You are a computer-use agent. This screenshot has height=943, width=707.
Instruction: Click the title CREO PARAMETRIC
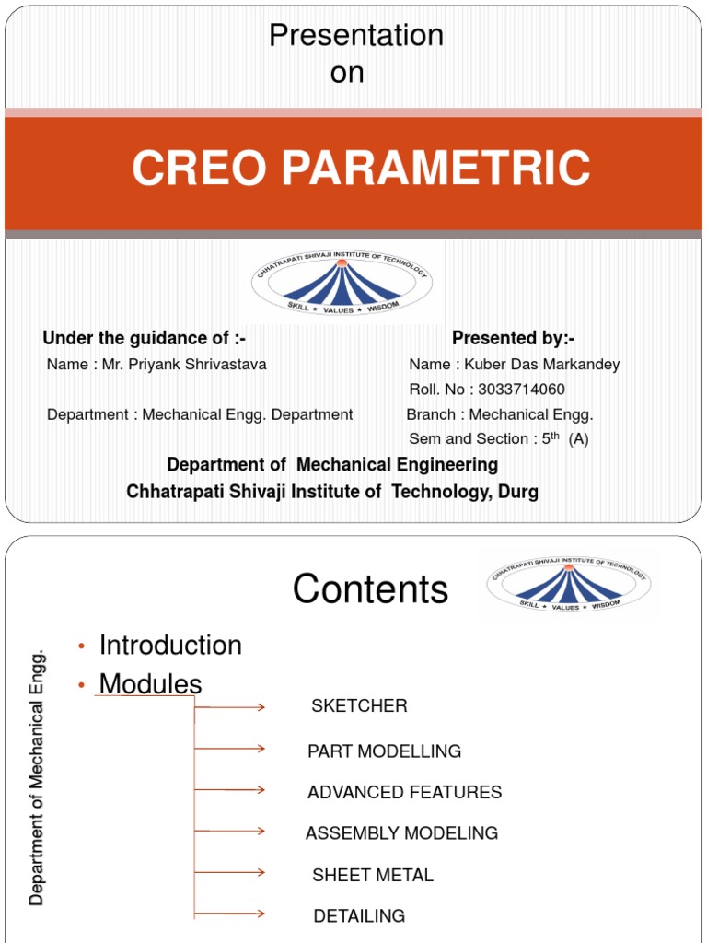point(360,169)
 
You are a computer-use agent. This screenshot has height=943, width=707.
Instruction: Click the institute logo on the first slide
point(342,283)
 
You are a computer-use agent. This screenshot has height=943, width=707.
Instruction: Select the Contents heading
point(370,589)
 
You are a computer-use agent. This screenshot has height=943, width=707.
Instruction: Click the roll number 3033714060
point(487,390)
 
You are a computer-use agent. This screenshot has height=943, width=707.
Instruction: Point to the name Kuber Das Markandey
point(514,365)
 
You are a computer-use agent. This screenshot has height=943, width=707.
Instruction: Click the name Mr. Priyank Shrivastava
point(156,365)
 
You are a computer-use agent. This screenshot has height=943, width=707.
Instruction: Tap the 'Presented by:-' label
point(513,338)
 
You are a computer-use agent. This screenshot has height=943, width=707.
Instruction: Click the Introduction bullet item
point(170,646)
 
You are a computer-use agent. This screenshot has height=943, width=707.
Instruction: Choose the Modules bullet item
point(150,684)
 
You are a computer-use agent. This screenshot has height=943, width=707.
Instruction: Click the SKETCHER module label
point(359,706)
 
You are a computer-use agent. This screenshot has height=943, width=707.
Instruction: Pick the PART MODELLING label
point(384,751)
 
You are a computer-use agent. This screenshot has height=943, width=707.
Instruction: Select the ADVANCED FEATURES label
point(404,793)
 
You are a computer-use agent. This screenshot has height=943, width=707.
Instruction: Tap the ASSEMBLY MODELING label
point(401,833)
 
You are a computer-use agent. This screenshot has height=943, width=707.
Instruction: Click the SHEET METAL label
point(372,875)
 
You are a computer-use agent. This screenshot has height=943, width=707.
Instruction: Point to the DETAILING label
point(359,916)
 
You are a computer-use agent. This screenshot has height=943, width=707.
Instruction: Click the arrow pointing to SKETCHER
point(230,707)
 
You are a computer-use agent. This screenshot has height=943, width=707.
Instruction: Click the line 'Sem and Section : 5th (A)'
point(498,439)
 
